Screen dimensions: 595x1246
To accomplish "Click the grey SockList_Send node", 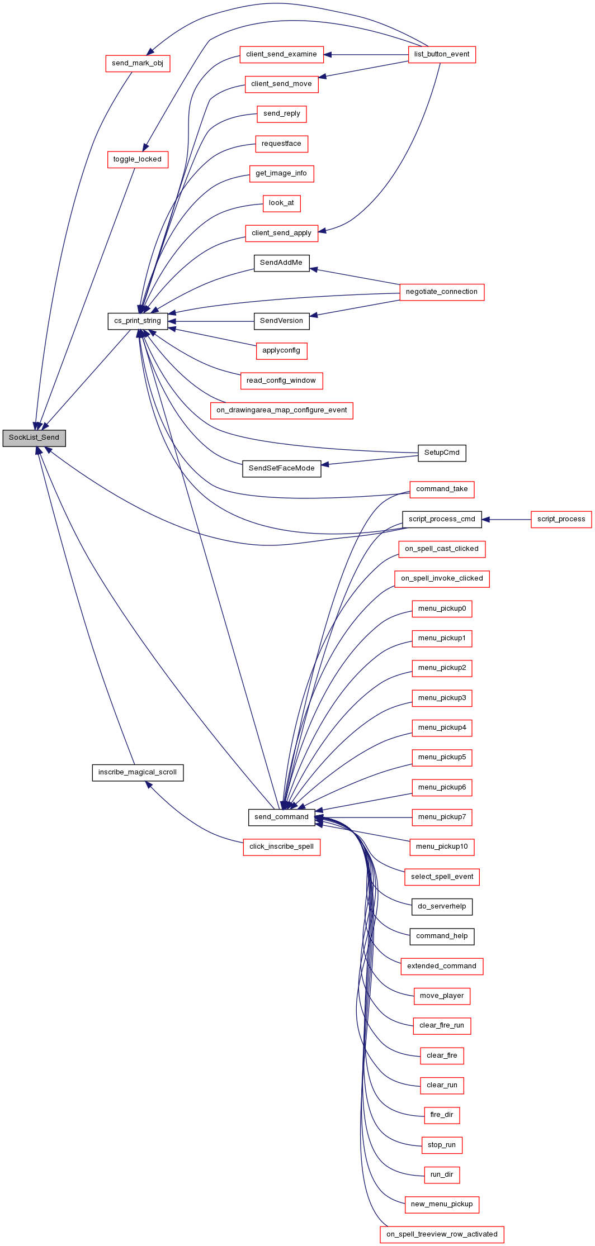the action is coord(34,438).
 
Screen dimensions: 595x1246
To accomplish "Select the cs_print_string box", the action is coord(138,321).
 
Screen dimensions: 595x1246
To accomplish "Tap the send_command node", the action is coord(281,817).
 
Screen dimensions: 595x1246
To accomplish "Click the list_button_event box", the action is coord(442,55).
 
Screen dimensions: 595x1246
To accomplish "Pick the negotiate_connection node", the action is coord(442,292).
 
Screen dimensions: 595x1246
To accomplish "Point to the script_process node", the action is coord(561,520).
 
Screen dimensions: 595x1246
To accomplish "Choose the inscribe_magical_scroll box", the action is coord(138,773).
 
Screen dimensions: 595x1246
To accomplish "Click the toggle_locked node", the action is coord(138,160).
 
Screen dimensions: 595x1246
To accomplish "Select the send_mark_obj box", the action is coord(138,63).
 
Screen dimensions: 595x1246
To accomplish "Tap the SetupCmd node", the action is coord(442,453).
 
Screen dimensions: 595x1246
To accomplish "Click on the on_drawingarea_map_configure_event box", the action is coord(282,411).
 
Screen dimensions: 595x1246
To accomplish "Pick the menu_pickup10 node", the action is coord(442,847).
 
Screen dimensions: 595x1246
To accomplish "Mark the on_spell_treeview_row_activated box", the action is coord(442,1235).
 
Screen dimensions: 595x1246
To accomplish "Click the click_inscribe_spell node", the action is coord(282,847).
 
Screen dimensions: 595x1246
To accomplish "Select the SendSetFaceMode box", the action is coord(282,469).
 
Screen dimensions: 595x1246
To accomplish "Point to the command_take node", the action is coord(442,489).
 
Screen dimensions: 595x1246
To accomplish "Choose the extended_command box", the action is coord(442,967).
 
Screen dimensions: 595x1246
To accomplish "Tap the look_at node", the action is coord(281,203).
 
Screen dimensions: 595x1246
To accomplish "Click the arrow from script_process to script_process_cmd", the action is coord(506,520).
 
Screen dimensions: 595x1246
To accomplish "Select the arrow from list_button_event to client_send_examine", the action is coord(366,55).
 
